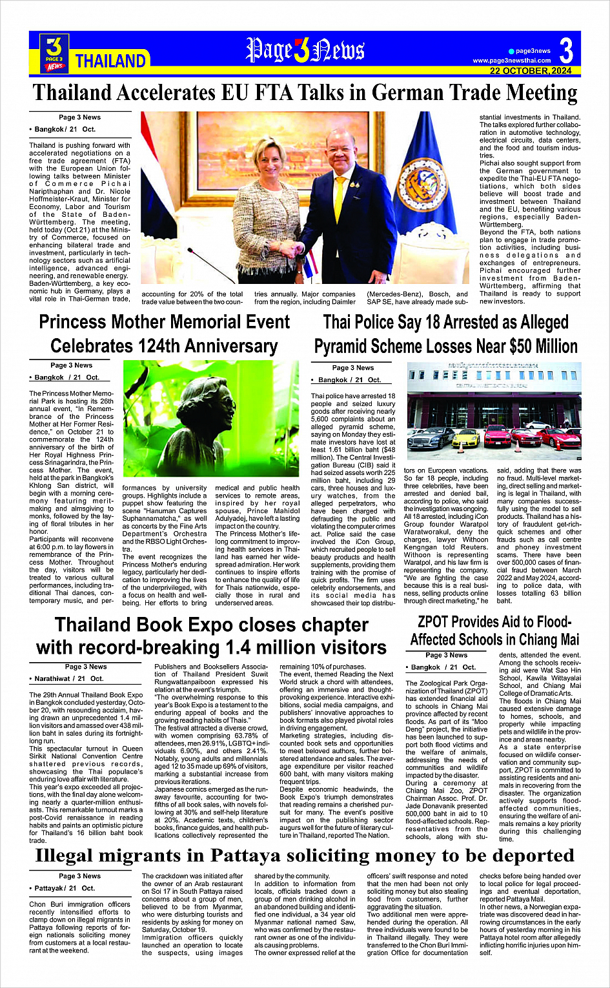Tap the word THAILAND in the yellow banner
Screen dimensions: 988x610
pyautogui.click(x=110, y=61)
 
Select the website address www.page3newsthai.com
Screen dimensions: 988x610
pyautogui.click(x=512, y=61)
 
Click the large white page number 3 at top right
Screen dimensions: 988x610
pyautogui.click(x=566, y=50)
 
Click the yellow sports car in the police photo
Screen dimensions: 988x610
pyautogui.click(x=466, y=439)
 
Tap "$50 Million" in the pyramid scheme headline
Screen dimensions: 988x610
pyautogui.click(x=543, y=347)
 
